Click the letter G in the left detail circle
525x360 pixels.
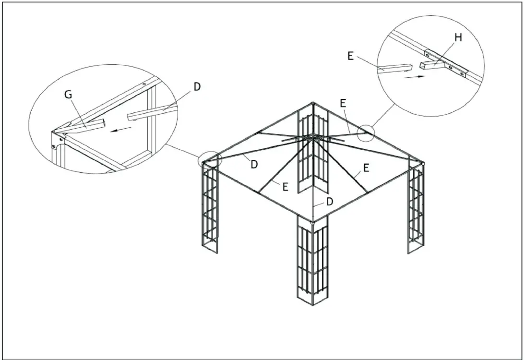(x=69, y=95)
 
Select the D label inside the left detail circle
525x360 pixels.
(x=197, y=87)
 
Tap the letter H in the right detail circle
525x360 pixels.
(x=458, y=38)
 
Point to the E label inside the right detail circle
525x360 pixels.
(x=350, y=56)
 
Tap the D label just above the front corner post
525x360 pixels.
(x=329, y=202)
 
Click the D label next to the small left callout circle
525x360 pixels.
(x=254, y=164)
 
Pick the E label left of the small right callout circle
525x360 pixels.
(x=342, y=103)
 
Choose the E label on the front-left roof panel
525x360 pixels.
(x=285, y=187)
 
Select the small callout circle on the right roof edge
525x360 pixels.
(x=365, y=133)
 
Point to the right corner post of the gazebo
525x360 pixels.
(x=417, y=209)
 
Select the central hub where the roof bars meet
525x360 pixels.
(x=312, y=137)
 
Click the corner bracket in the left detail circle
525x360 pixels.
(x=58, y=140)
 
